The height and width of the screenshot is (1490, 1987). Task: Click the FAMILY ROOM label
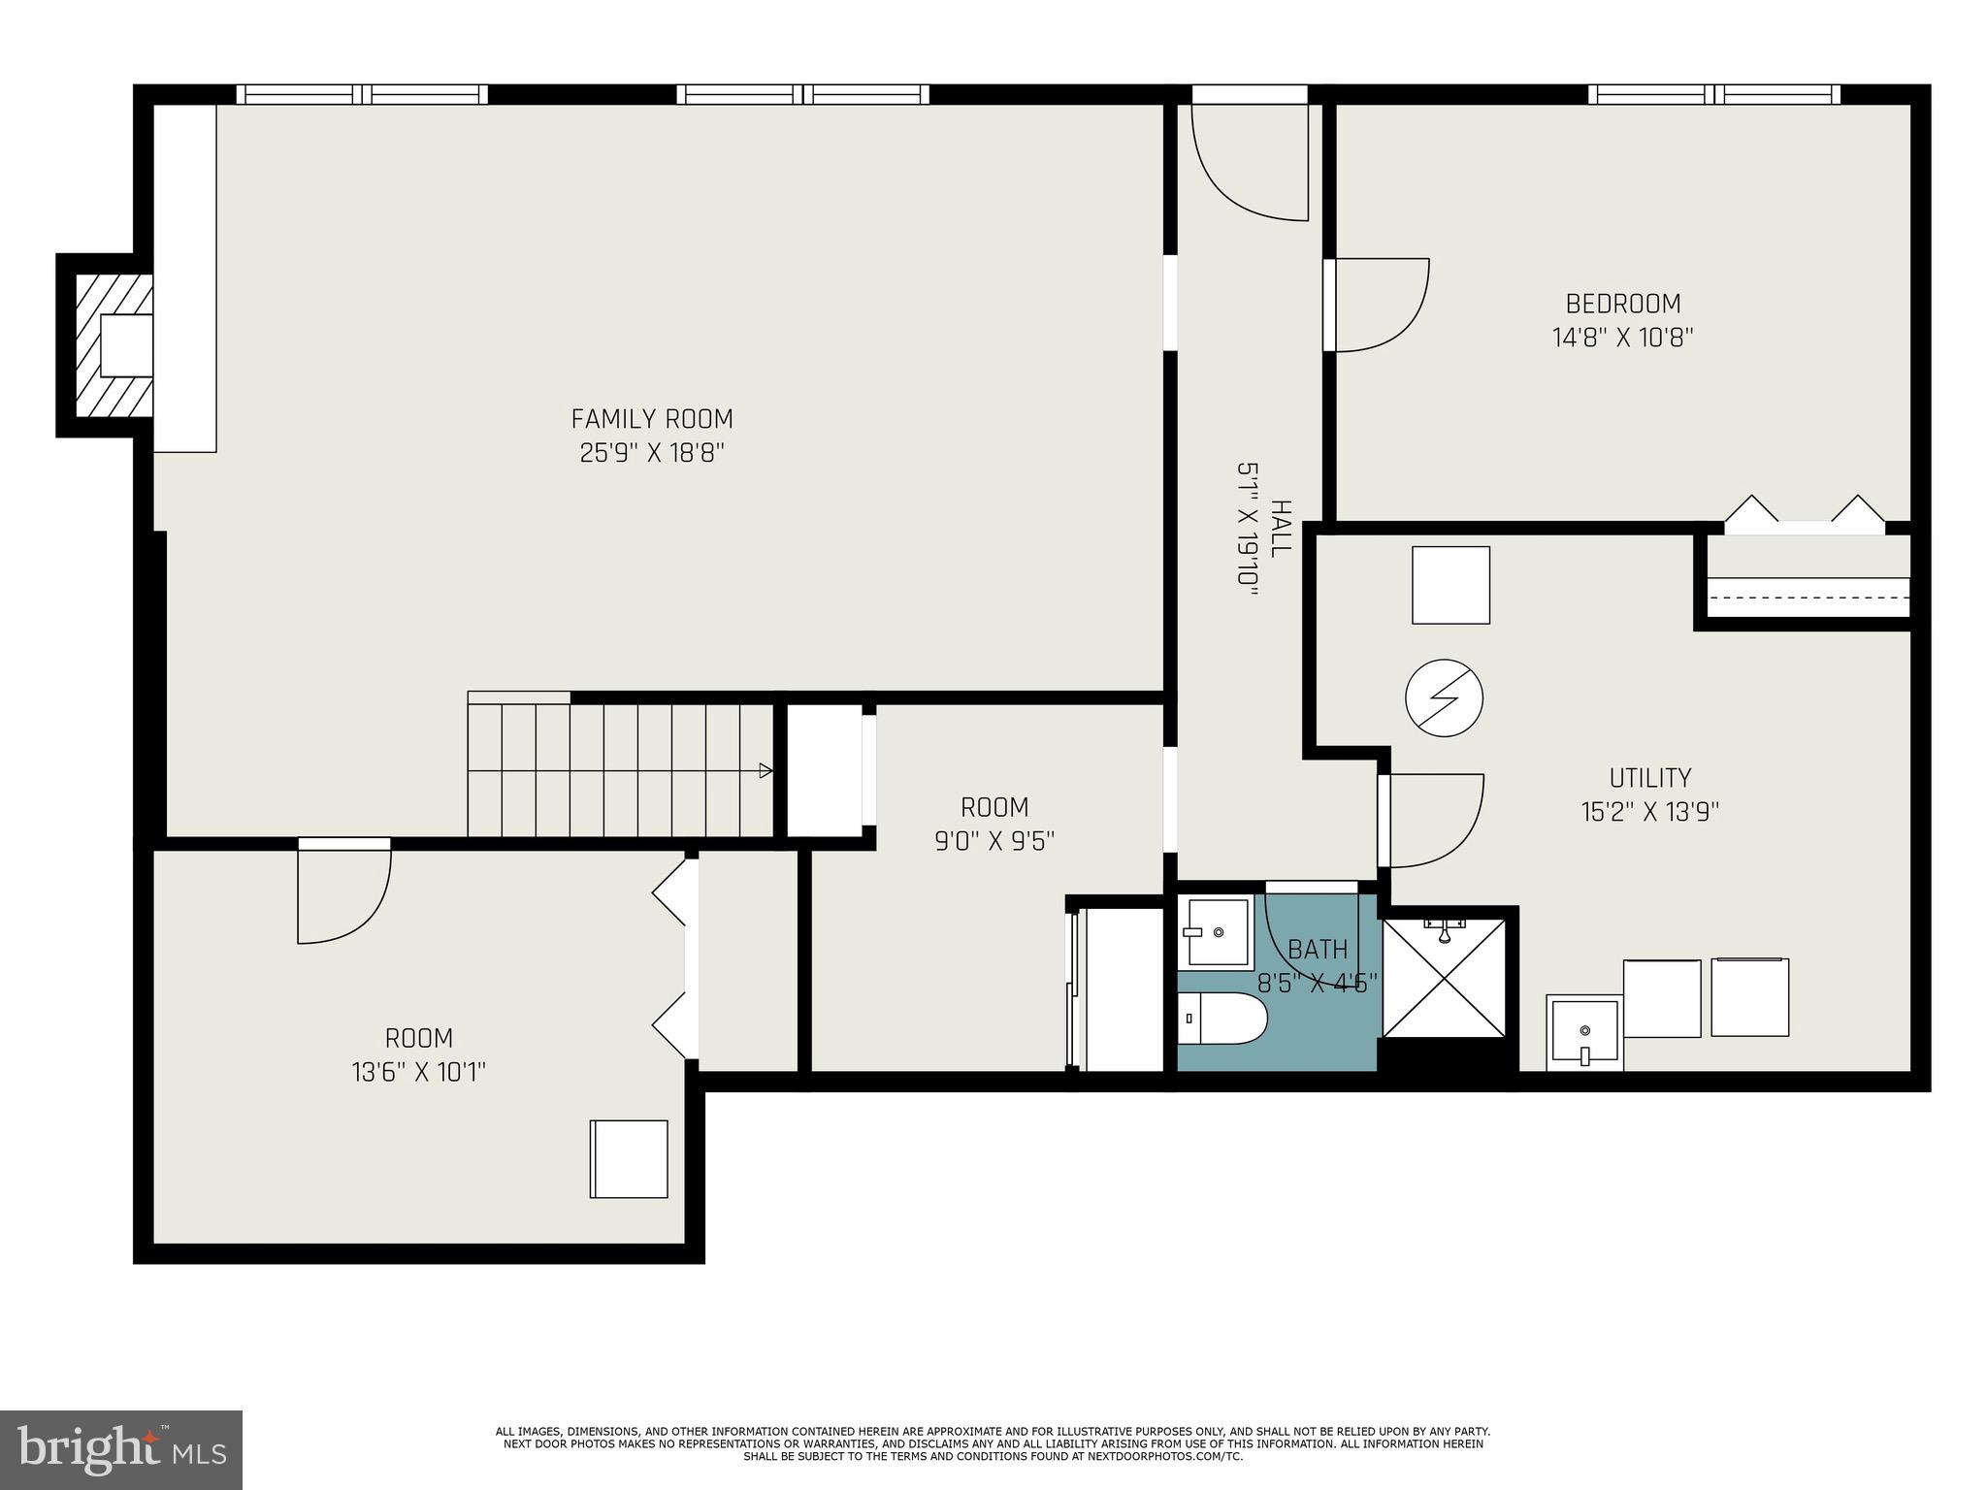tap(651, 419)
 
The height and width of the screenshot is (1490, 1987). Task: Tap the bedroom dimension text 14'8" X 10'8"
tap(1622, 338)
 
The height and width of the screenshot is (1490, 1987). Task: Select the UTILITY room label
tap(1649, 778)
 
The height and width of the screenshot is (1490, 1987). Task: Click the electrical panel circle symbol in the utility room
tap(1445, 697)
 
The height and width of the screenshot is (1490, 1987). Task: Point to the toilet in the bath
tap(1222, 1019)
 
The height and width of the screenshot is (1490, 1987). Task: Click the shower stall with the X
tap(1445, 976)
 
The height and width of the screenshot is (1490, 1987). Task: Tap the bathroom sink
tap(1217, 932)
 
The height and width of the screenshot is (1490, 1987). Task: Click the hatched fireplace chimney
tap(114, 345)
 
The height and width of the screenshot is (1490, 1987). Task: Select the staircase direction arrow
tap(765, 771)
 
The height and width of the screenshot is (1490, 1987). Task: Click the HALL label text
tap(1281, 528)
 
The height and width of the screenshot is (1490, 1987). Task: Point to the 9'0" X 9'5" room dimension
tap(994, 840)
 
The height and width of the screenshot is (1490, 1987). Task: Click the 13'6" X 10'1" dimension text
tap(418, 1072)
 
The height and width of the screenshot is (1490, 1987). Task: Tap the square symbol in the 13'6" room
tap(629, 1158)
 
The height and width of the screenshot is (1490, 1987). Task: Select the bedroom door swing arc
tap(1383, 305)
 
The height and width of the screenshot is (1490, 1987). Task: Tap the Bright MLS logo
tap(121, 1449)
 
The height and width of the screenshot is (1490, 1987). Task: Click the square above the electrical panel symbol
tap(1450, 585)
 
